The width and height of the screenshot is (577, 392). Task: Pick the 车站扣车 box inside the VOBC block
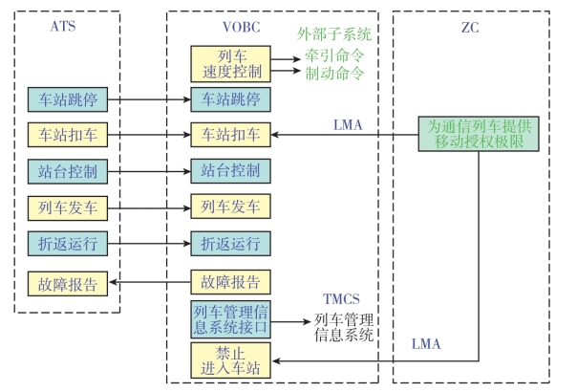229,135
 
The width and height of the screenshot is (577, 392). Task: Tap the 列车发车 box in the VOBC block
229,207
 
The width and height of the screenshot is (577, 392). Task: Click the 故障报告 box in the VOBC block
229,282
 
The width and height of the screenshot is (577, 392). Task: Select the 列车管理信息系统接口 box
229,319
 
